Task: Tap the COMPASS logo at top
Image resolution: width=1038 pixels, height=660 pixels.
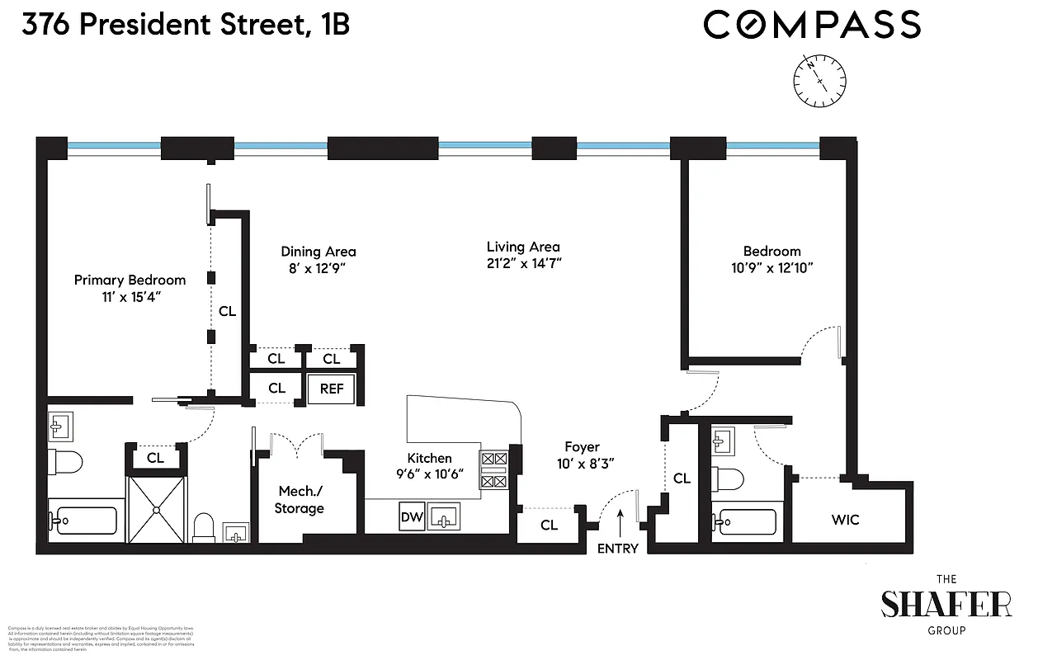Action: point(812,25)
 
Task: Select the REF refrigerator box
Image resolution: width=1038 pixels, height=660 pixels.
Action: point(331,389)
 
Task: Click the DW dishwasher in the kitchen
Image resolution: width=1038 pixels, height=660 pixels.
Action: point(411,518)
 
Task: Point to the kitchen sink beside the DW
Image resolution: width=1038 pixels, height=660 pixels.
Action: point(444,518)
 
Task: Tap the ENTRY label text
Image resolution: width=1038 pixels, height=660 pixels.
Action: point(617,548)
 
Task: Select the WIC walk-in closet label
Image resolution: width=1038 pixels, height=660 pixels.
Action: point(845,520)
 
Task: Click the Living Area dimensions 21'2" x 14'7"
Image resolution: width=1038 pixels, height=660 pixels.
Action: point(523,264)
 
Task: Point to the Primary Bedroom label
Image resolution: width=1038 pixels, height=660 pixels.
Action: point(130,280)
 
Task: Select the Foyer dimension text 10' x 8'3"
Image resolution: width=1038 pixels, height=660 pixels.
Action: point(582,464)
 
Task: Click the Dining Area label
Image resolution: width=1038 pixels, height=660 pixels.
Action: point(318,252)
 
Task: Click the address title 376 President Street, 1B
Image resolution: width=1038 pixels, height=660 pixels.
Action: point(186,25)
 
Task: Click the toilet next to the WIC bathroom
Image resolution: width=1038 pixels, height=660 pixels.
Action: point(729,478)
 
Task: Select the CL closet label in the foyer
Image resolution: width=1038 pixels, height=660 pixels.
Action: point(549,525)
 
